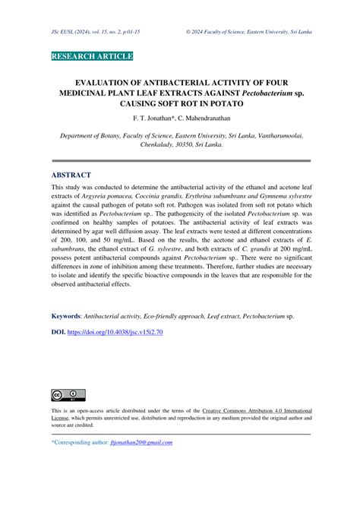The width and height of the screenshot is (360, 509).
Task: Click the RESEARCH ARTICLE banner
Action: (x=92, y=57)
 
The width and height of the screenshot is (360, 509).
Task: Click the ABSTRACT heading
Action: (x=71, y=175)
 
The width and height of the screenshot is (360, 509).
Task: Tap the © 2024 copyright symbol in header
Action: (x=188, y=34)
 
